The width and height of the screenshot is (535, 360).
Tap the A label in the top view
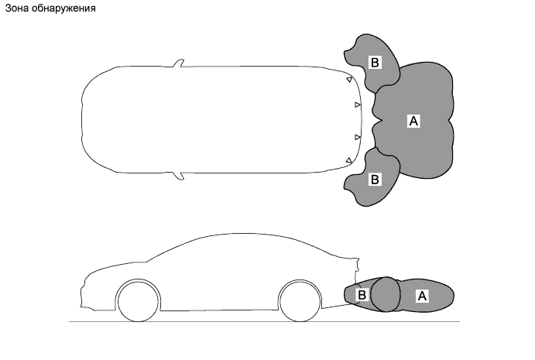413,121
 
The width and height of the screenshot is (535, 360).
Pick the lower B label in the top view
375,179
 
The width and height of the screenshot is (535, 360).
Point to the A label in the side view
423,295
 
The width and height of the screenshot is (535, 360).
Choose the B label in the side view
361,295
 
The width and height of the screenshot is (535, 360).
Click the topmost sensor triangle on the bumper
349,79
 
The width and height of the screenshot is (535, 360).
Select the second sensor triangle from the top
358,104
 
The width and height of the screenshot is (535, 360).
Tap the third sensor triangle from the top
358,137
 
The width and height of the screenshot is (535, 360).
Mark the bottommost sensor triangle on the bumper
349,160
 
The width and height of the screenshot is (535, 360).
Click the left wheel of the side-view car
140,300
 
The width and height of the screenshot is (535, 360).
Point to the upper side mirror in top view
178,63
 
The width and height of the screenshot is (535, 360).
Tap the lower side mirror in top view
179,176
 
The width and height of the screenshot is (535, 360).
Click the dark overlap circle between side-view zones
385,294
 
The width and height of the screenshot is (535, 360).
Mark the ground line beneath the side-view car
232,320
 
